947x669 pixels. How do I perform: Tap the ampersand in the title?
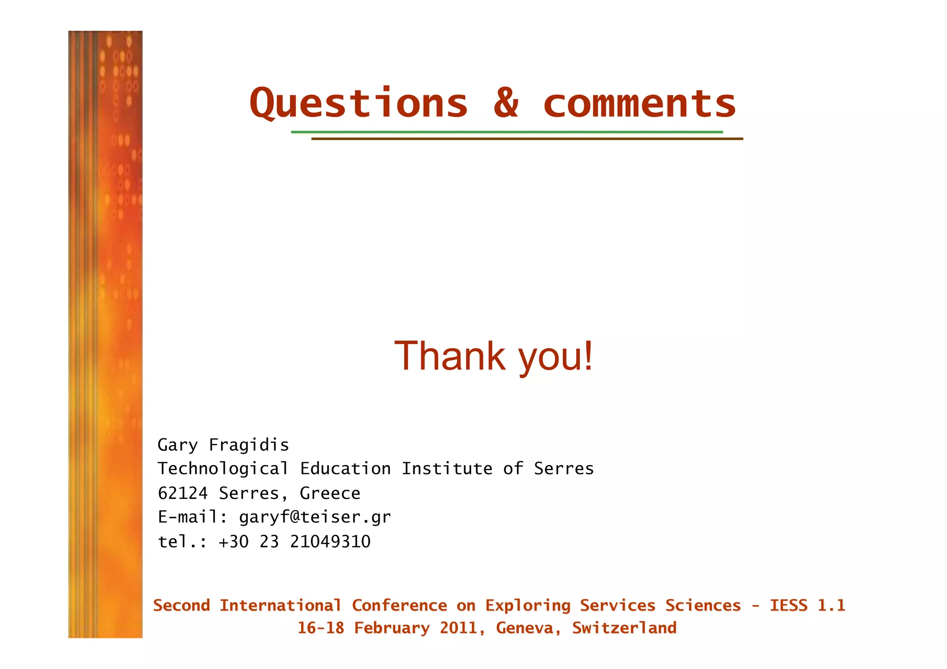coord(506,103)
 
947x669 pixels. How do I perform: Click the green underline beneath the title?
coord(506,132)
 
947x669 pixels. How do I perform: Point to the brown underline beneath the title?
coord(527,139)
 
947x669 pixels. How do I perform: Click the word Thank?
coord(449,356)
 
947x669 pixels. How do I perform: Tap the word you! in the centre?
coord(555,357)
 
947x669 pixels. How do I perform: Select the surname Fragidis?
coord(249,445)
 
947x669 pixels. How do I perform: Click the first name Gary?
coord(178,445)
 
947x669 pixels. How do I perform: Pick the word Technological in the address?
coord(223,469)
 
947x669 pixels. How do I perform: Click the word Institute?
coord(447,469)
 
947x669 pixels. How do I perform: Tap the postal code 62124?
coord(183,493)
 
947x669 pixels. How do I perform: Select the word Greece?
coord(330,493)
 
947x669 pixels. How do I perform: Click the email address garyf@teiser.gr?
coord(314,517)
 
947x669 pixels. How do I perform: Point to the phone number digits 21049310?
coord(330,542)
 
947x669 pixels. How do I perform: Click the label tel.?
coord(183,542)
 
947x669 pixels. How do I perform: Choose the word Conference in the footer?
coord(400,606)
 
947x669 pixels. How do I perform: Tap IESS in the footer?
coord(788,606)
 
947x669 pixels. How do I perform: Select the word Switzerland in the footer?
coord(624,628)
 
